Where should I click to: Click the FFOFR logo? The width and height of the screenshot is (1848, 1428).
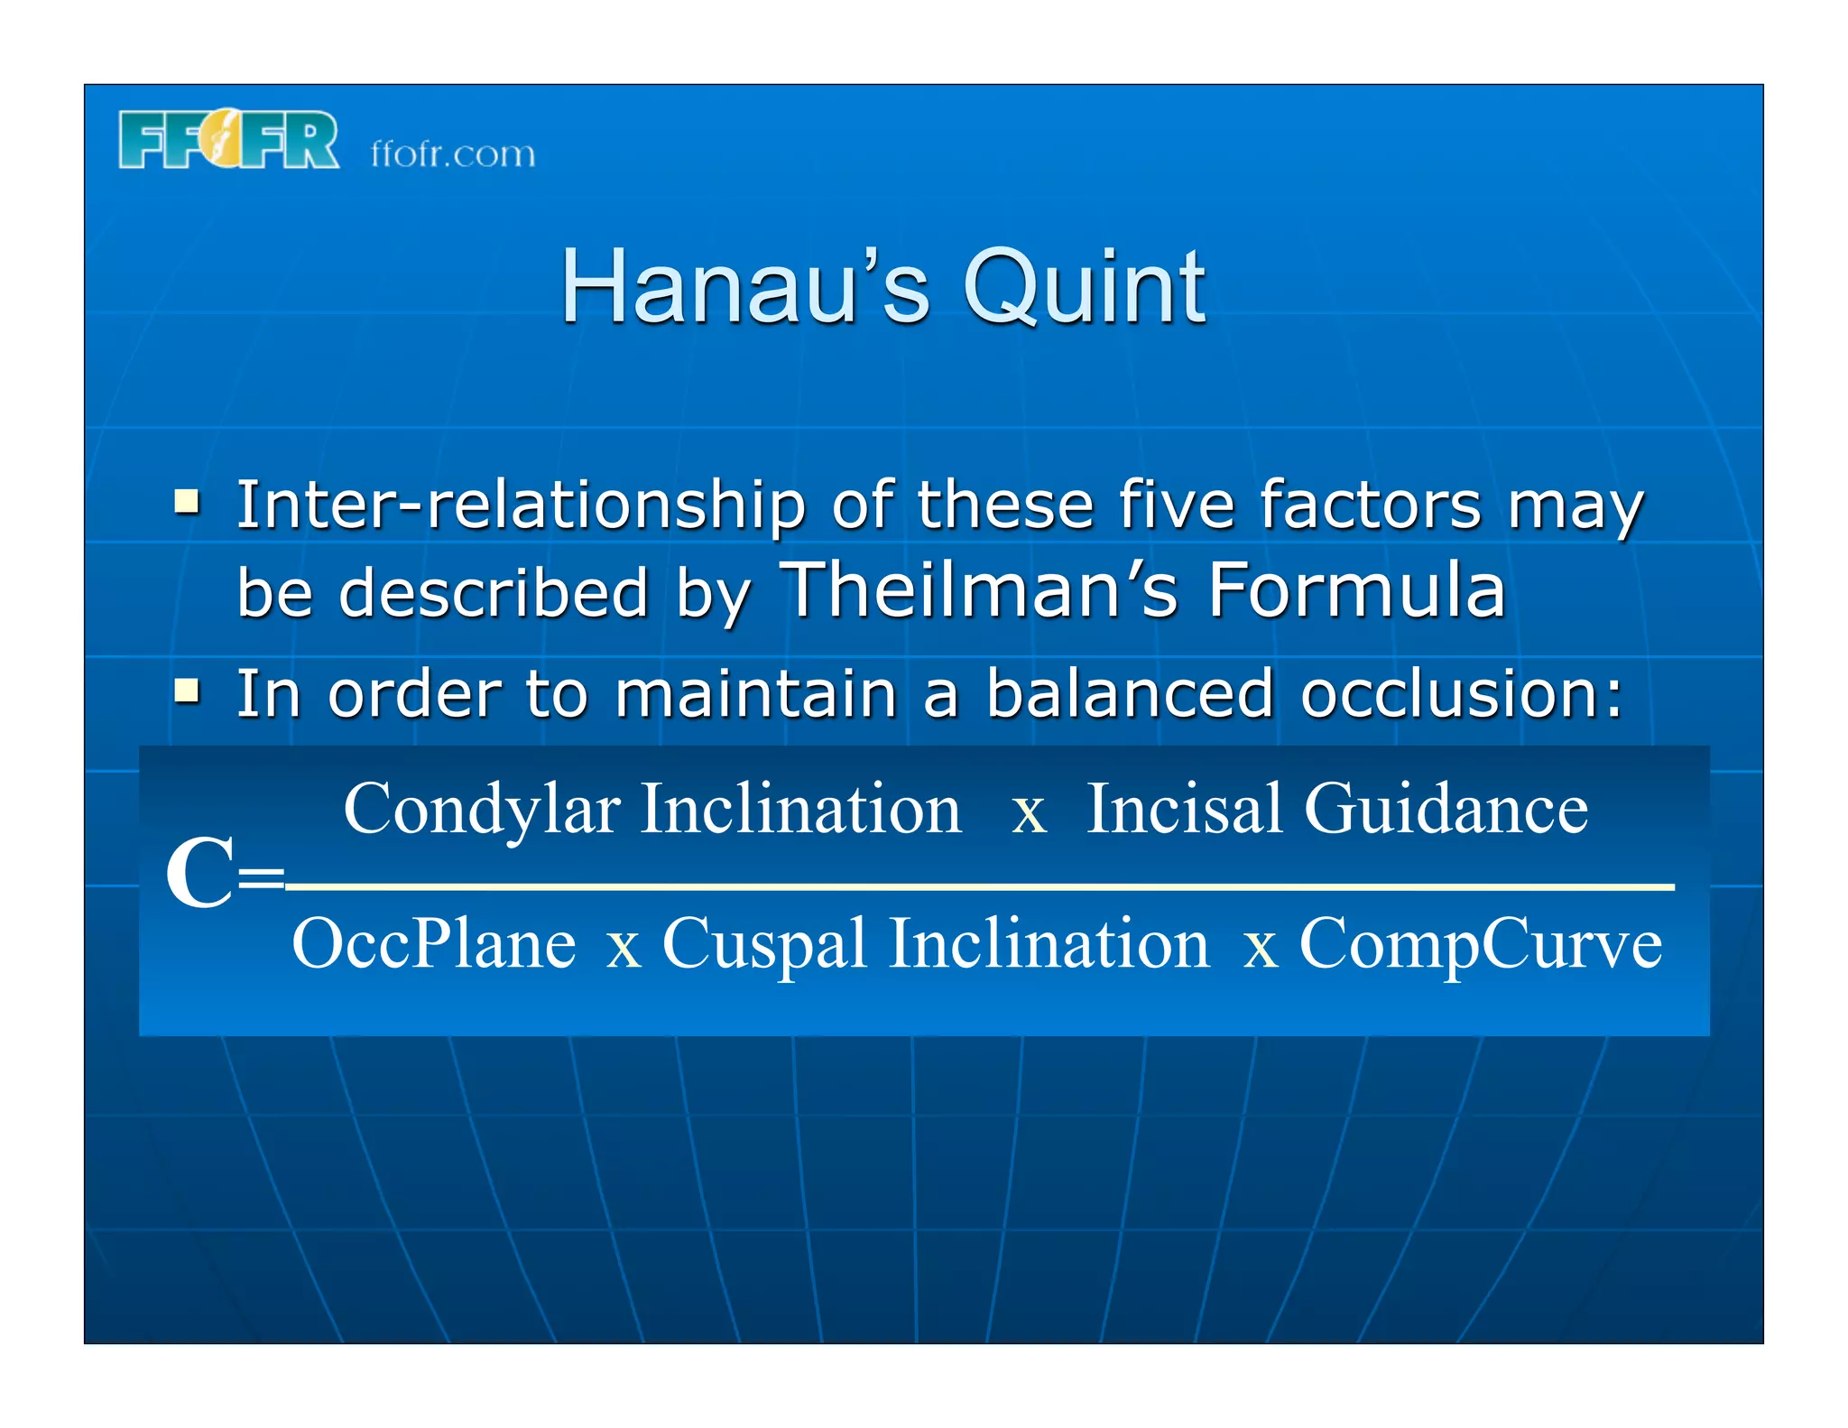pyautogui.click(x=228, y=140)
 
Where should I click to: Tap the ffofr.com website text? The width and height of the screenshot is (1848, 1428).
pyautogui.click(x=452, y=154)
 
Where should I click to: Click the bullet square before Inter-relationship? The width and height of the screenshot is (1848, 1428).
pyautogui.click(x=187, y=500)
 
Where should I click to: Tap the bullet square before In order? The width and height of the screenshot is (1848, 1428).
pyautogui.click(x=187, y=691)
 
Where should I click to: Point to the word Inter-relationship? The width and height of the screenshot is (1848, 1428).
pyautogui.click(x=520, y=505)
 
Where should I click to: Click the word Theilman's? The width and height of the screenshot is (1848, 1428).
pyautogui.click(x=980, y=590)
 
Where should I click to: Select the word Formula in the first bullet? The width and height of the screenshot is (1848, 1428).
pyautogui.click(x=1356, y=590)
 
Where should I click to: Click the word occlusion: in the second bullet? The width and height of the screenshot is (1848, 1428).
pyautogui.click(x=1462, y=695)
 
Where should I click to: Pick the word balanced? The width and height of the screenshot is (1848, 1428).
pyautogui.click(x=1129, y=695)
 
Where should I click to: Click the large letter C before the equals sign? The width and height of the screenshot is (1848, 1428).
pyautogui.click(x=199, y=874)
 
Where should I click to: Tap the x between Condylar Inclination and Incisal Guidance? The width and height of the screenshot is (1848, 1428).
pyautogui.click(x=1028, y=811)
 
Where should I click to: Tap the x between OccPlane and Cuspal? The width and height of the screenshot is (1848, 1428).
pyautogui.click(x=624, y=948)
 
